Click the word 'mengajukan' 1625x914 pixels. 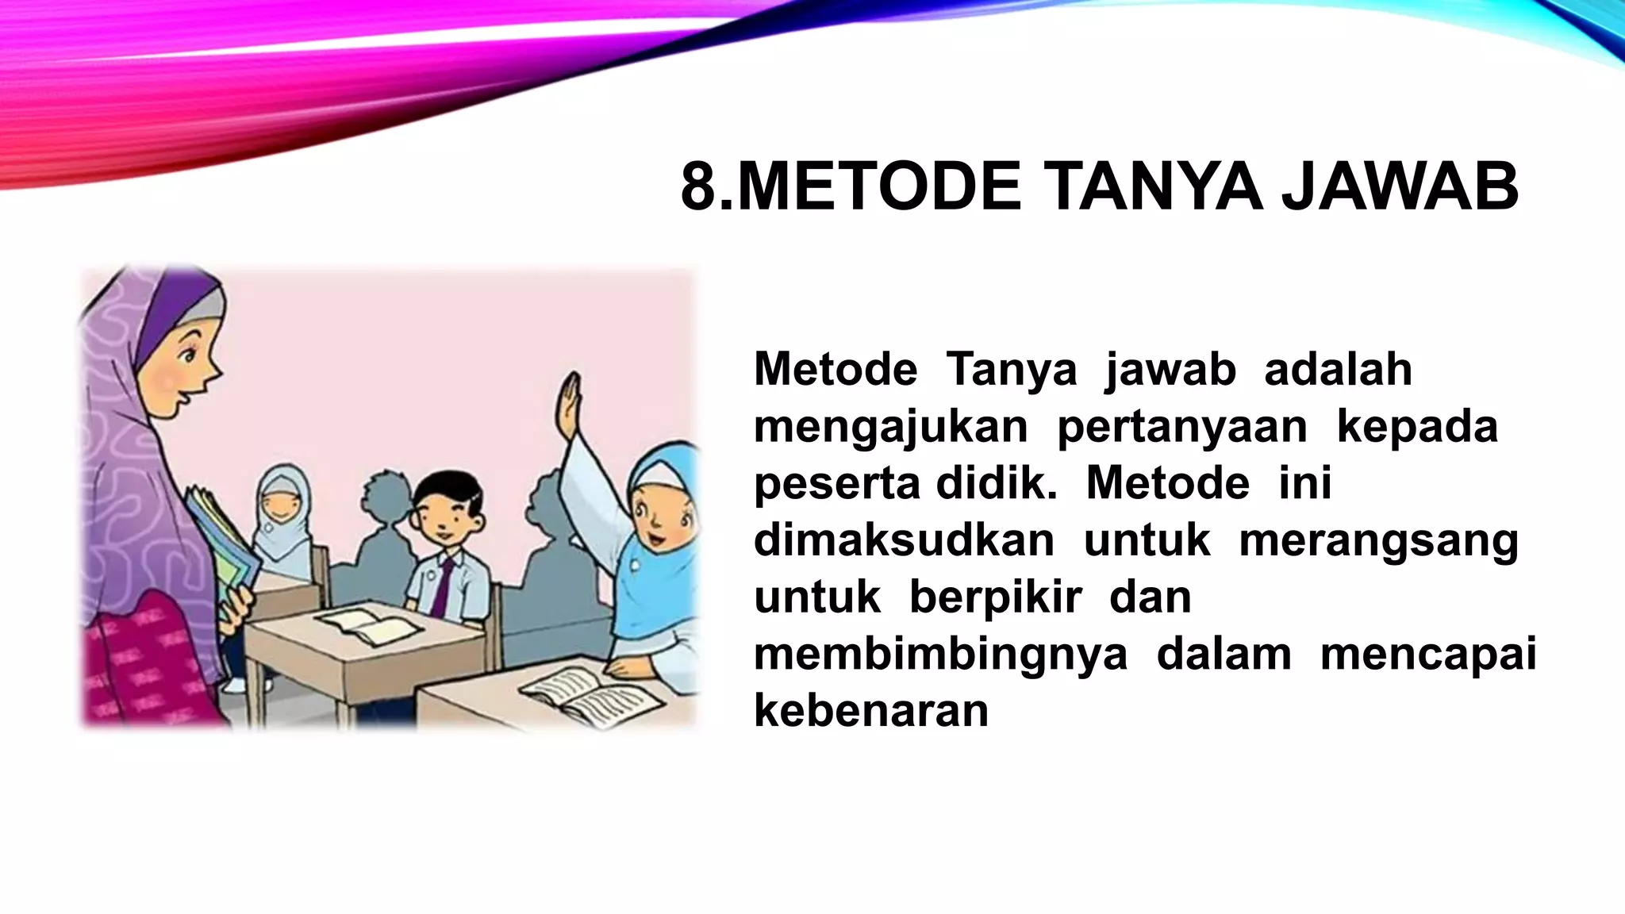point(890,428)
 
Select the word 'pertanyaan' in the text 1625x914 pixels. point(1181,428)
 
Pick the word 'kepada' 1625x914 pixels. point(1417,428)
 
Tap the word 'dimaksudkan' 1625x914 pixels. point(904,541)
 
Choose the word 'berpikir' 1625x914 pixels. point(995,598)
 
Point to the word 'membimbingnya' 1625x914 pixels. point(940,655)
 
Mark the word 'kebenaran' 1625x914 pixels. point(871,711)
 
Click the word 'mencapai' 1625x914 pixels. point(1428,655)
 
